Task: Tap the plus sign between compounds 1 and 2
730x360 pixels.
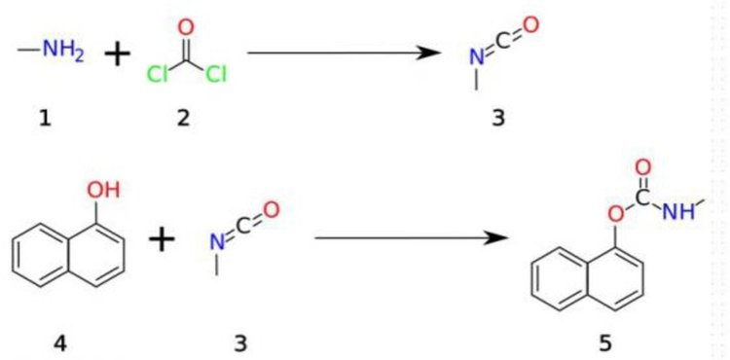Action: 118,54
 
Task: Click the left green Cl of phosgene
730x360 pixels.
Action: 157,74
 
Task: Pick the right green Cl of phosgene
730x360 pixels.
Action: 215,74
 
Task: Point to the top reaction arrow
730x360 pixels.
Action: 344,53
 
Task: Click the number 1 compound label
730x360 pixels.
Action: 45,119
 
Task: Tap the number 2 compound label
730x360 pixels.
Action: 183,119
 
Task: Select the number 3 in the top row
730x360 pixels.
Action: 498,119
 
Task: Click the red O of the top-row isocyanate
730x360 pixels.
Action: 531,24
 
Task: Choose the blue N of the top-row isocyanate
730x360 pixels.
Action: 476,57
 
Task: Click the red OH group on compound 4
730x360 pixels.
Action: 103,191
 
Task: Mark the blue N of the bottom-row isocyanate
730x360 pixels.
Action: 215,242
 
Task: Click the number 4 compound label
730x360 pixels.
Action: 59,344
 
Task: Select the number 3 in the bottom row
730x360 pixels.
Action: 240,344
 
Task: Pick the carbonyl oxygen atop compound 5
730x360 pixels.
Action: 643,168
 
